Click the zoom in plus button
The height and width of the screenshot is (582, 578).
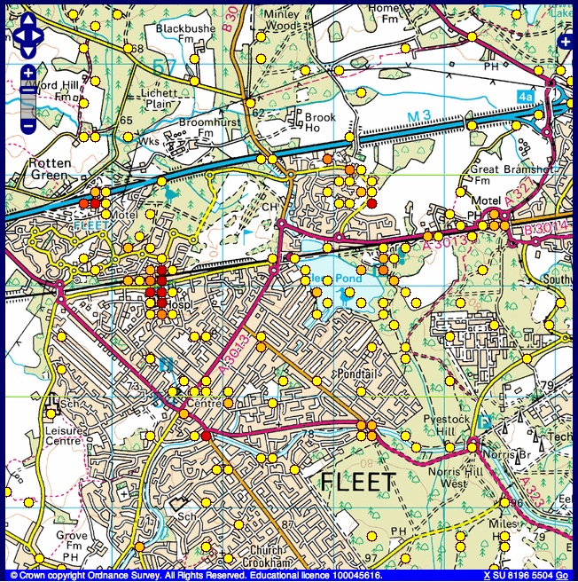28,72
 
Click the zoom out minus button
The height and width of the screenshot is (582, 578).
28,125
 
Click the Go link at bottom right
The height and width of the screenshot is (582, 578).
562,575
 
